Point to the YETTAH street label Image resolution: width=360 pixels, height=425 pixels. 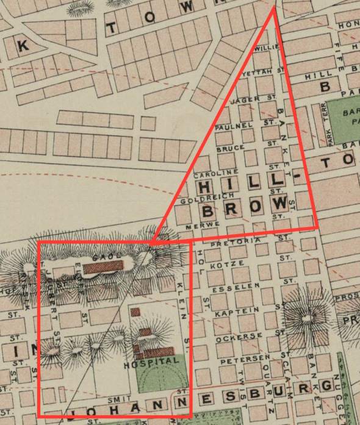pos(256,73)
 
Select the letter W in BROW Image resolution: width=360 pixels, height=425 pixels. pos(281,202)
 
